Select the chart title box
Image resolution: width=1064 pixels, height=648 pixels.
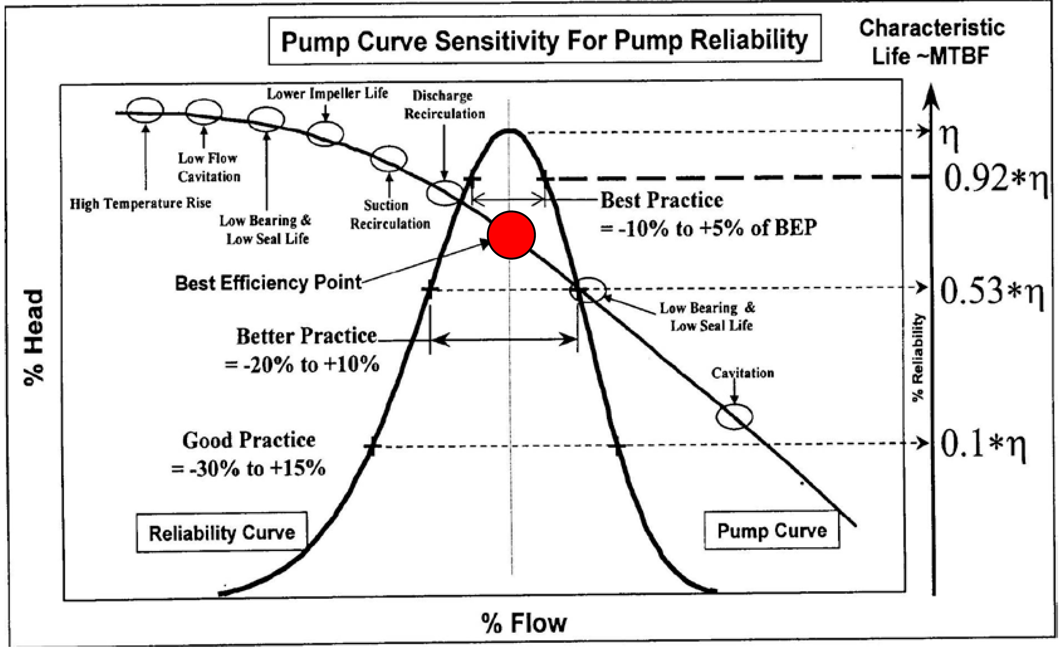tap(544, 40)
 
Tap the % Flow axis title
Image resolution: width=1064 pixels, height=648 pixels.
tap(524, 623)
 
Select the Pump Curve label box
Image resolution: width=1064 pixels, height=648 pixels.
tap(772, 530)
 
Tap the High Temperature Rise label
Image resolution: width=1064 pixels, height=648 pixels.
tap(141, 203)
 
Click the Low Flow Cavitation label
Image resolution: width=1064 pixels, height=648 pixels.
tap(209, 167)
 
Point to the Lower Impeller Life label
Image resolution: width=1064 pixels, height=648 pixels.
tap(327, 93)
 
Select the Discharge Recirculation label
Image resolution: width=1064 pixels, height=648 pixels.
tap(444, 105)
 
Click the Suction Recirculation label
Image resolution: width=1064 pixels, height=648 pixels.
tap(390, 214)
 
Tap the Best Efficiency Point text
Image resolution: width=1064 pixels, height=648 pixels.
tap(268, 283)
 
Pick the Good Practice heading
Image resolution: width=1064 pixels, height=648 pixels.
tap(249, 440)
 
